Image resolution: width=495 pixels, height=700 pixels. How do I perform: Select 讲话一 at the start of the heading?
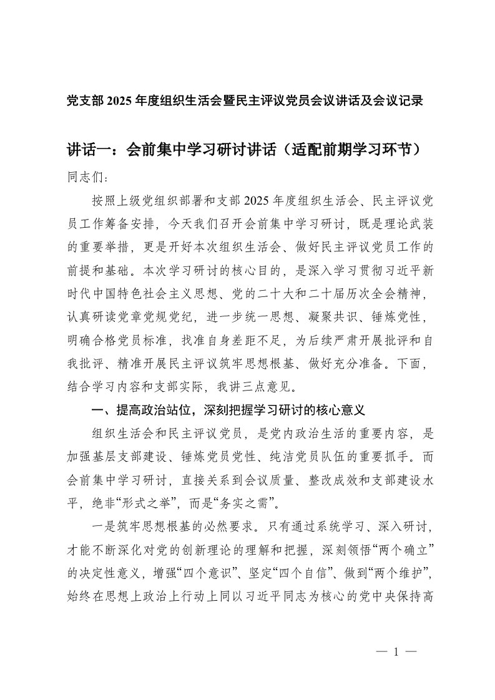click(x=88, y=150)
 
